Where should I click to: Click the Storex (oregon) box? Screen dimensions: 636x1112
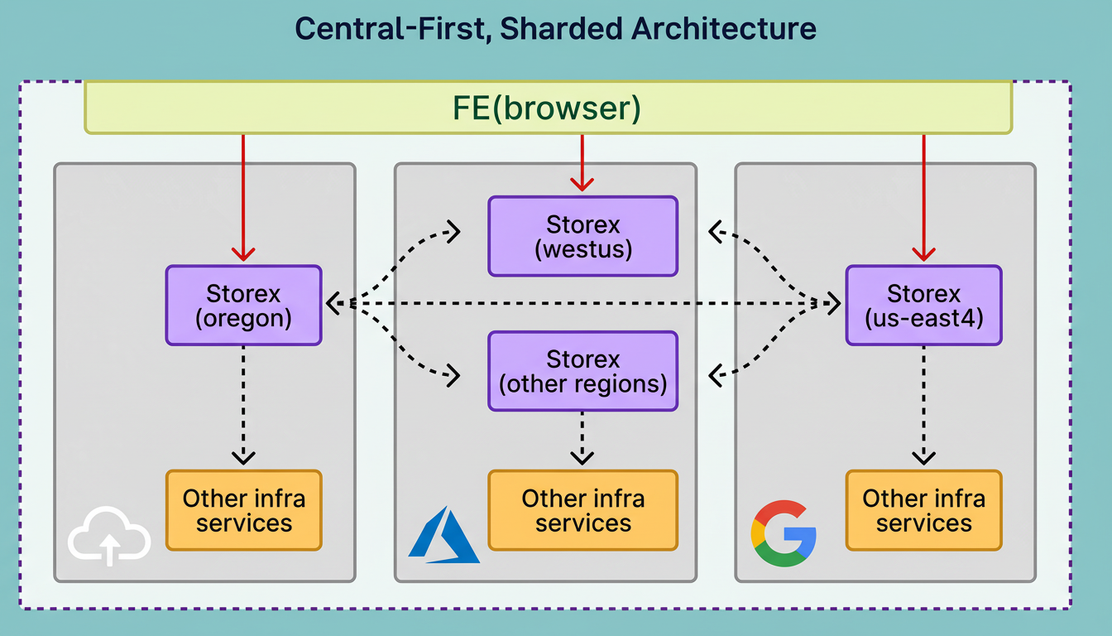243,305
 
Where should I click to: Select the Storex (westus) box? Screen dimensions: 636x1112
582,236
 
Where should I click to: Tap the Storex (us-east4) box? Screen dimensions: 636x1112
923,305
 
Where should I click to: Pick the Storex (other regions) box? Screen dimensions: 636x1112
582,371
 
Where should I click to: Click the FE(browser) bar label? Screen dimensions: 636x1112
548,108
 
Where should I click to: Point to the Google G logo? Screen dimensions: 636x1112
784,532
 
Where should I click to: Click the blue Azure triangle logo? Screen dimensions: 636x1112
444,536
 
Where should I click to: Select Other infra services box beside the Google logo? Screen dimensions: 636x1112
923,510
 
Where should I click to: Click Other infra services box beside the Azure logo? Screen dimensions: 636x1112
582,510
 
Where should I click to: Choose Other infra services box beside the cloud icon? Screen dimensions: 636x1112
243,510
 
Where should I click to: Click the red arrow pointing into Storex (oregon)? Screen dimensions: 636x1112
243,199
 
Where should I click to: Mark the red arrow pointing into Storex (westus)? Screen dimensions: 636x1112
582,162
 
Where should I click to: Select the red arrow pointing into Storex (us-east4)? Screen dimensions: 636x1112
923,199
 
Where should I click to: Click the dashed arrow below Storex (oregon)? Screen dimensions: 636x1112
243,406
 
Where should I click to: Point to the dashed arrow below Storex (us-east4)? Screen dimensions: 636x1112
923,406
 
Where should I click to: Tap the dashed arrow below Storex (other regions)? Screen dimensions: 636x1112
582,439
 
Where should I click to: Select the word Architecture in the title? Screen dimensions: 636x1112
723,30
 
